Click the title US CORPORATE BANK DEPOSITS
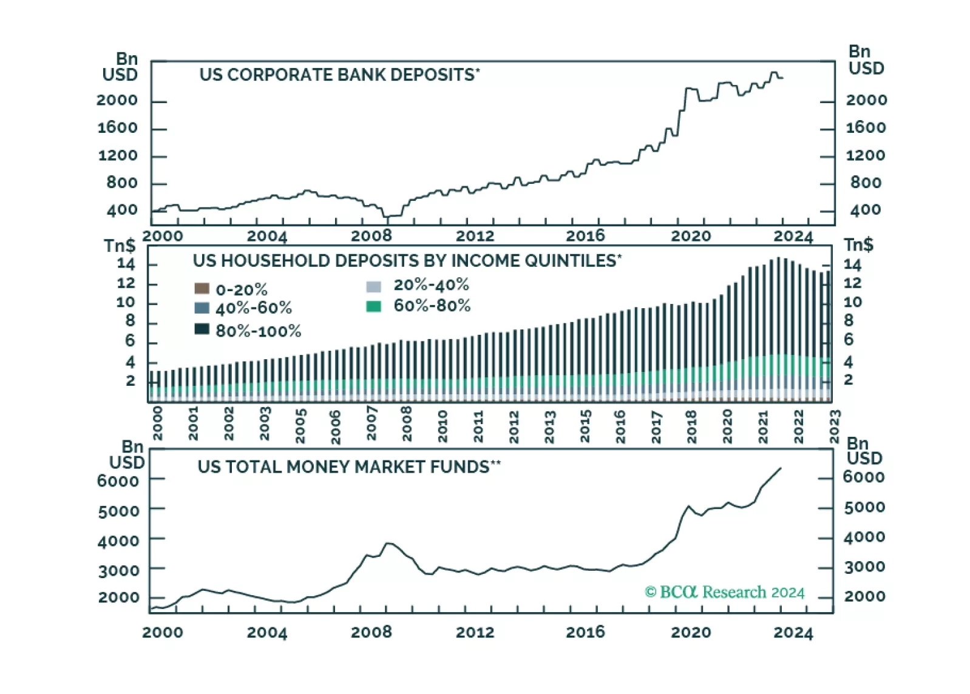tap(337, 75)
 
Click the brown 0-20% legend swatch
tap(202, 289)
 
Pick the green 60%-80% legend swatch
tap(374, 306)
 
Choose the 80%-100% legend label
tap(259, 331)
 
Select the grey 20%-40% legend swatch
tap(374, 286)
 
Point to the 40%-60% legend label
tap(254, 308)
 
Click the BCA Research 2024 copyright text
tap(725, 592)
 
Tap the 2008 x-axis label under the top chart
tap(371, 236)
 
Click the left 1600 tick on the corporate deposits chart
tap(117, 128)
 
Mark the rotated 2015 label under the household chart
tap(585, 426)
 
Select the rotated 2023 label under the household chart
tap(835, 426)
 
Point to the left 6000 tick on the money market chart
tap(118, 481)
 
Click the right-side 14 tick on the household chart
tap(852, 265)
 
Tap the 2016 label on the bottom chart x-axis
tap(585, 632)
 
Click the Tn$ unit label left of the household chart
tap(119, 246)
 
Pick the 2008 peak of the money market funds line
tap(388, 543)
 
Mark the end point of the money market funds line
tap(781, 468)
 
